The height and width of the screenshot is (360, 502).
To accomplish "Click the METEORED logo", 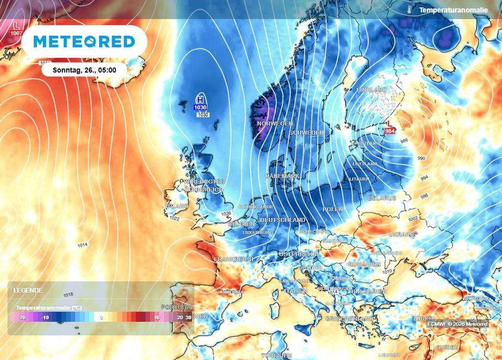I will pos(84,42).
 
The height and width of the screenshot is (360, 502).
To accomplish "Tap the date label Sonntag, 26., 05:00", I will pos(84,70).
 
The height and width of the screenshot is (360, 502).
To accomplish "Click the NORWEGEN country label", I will pos(275,123).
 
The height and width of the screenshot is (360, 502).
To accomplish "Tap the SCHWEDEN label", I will pos(306,133).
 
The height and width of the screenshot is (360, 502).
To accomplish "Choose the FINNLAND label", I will pos(372,90).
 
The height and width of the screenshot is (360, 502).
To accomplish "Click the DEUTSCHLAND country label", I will pos(282,220).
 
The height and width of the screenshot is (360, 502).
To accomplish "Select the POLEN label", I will pos(332,209).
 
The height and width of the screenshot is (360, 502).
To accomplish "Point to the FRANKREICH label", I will pos(234,259).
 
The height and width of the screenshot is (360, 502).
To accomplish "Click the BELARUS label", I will pos(382,198).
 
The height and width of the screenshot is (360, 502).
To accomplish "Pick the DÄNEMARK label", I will pos(282,175).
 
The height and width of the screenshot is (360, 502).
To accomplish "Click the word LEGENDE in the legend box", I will pos(28,290).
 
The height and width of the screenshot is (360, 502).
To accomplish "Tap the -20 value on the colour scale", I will pos(22,317).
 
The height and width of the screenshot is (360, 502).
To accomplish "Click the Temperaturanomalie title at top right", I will pos(453,10).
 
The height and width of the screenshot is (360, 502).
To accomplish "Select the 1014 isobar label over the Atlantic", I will pos(82,244).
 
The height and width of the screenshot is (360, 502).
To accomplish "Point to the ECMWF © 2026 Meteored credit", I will pos(457,324).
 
